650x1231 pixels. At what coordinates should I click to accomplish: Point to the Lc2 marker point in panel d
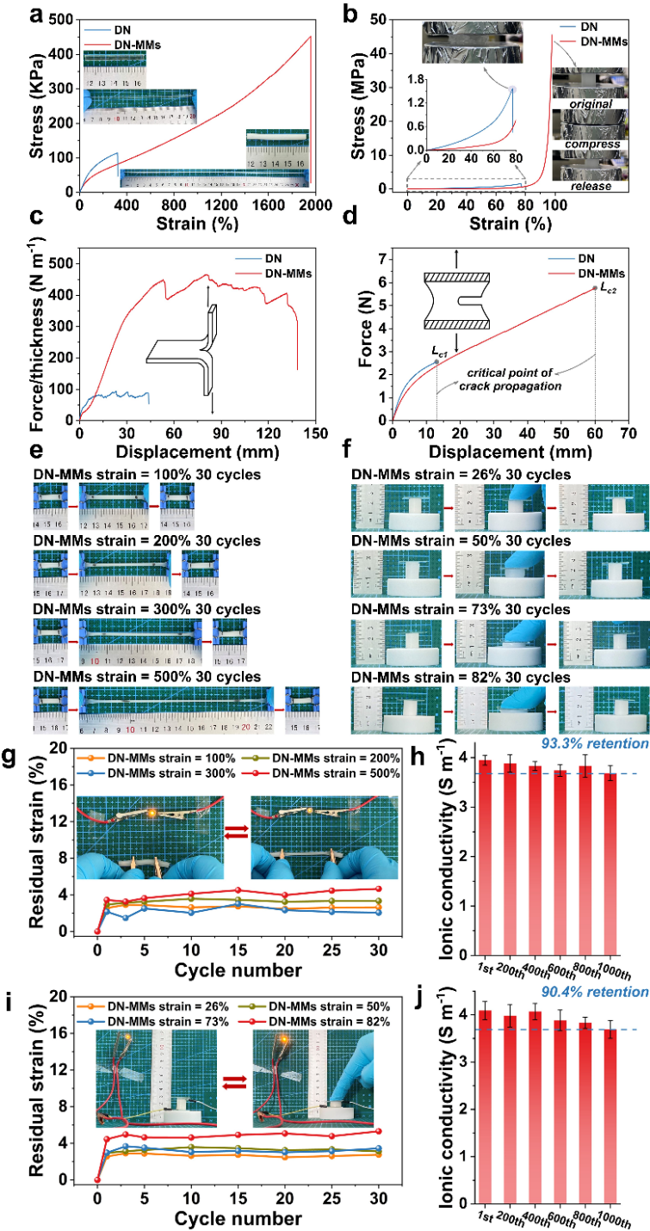click(x=595, y=288)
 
